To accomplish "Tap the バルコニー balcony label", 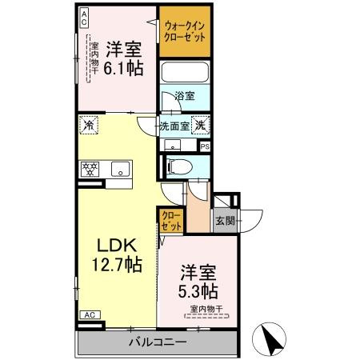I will pyautogui.click(x=158, y=342).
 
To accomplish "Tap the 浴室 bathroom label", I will pyautogui.click(x=185, y=97).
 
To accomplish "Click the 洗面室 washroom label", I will pyautogui.click(x=174, y=125).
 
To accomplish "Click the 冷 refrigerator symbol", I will pyautogui.click(x=88, y=125).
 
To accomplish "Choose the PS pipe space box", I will pyautogui.click(x=205, y=146).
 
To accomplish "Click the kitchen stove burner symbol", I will pyautogui.click(x=88, y=168).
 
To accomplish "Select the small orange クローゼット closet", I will pyautogui.click(x=170, y=220).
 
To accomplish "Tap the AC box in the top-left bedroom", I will pyautogui.click(x=84, y=20).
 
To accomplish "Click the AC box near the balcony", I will pyautogui.click(x=90, y=314).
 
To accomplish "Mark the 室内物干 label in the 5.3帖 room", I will pyautogui.click(x=206, y=309).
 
